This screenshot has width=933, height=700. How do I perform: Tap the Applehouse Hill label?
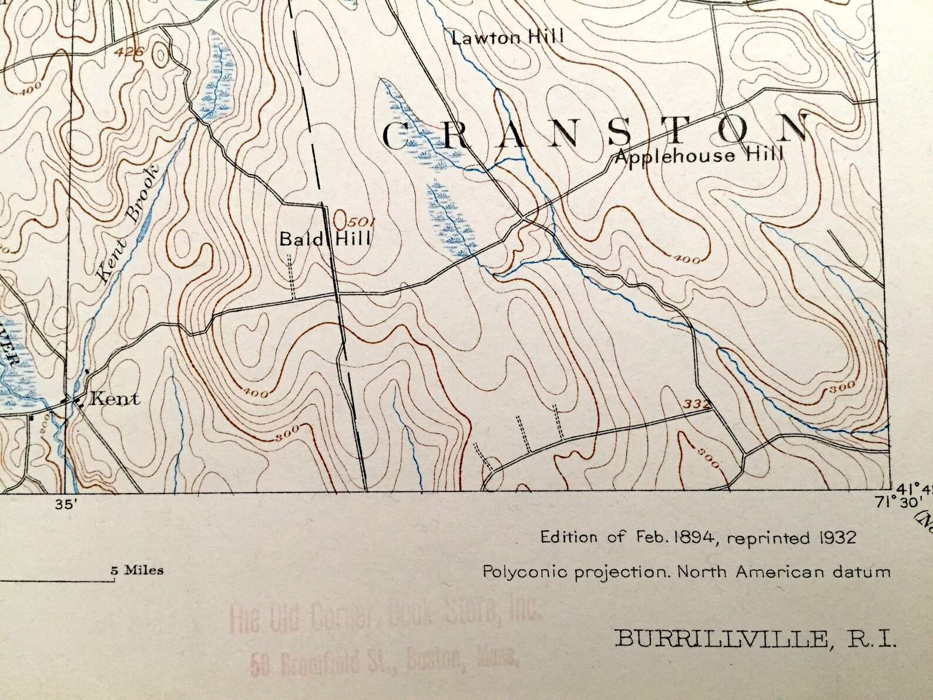(700, 156)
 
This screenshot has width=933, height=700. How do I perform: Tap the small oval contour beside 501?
(340, 220)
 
